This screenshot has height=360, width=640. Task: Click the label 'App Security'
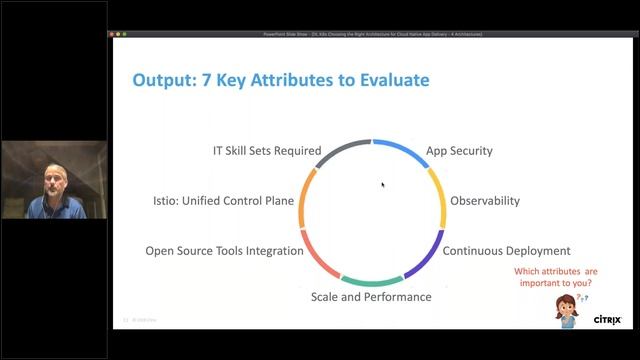459,151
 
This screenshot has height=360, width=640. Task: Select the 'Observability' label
485,201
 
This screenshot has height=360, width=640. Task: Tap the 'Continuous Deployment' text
506,251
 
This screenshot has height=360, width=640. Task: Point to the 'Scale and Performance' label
371,297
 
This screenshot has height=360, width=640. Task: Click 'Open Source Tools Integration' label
224,251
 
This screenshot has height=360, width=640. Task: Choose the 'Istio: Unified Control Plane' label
223,201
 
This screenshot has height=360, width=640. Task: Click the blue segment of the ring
402,151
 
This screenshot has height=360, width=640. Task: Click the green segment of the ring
372,282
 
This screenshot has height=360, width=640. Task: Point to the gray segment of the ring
344,146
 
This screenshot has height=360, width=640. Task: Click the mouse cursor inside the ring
382,184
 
